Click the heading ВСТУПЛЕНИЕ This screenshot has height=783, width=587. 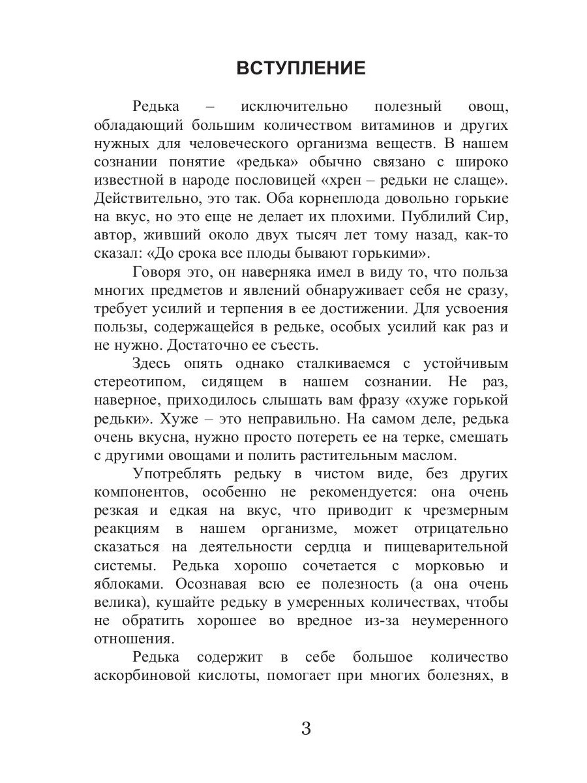[x=301, y=69]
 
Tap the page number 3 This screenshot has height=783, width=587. [x=306, y=728]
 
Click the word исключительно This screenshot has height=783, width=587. [x=294, y=106]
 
